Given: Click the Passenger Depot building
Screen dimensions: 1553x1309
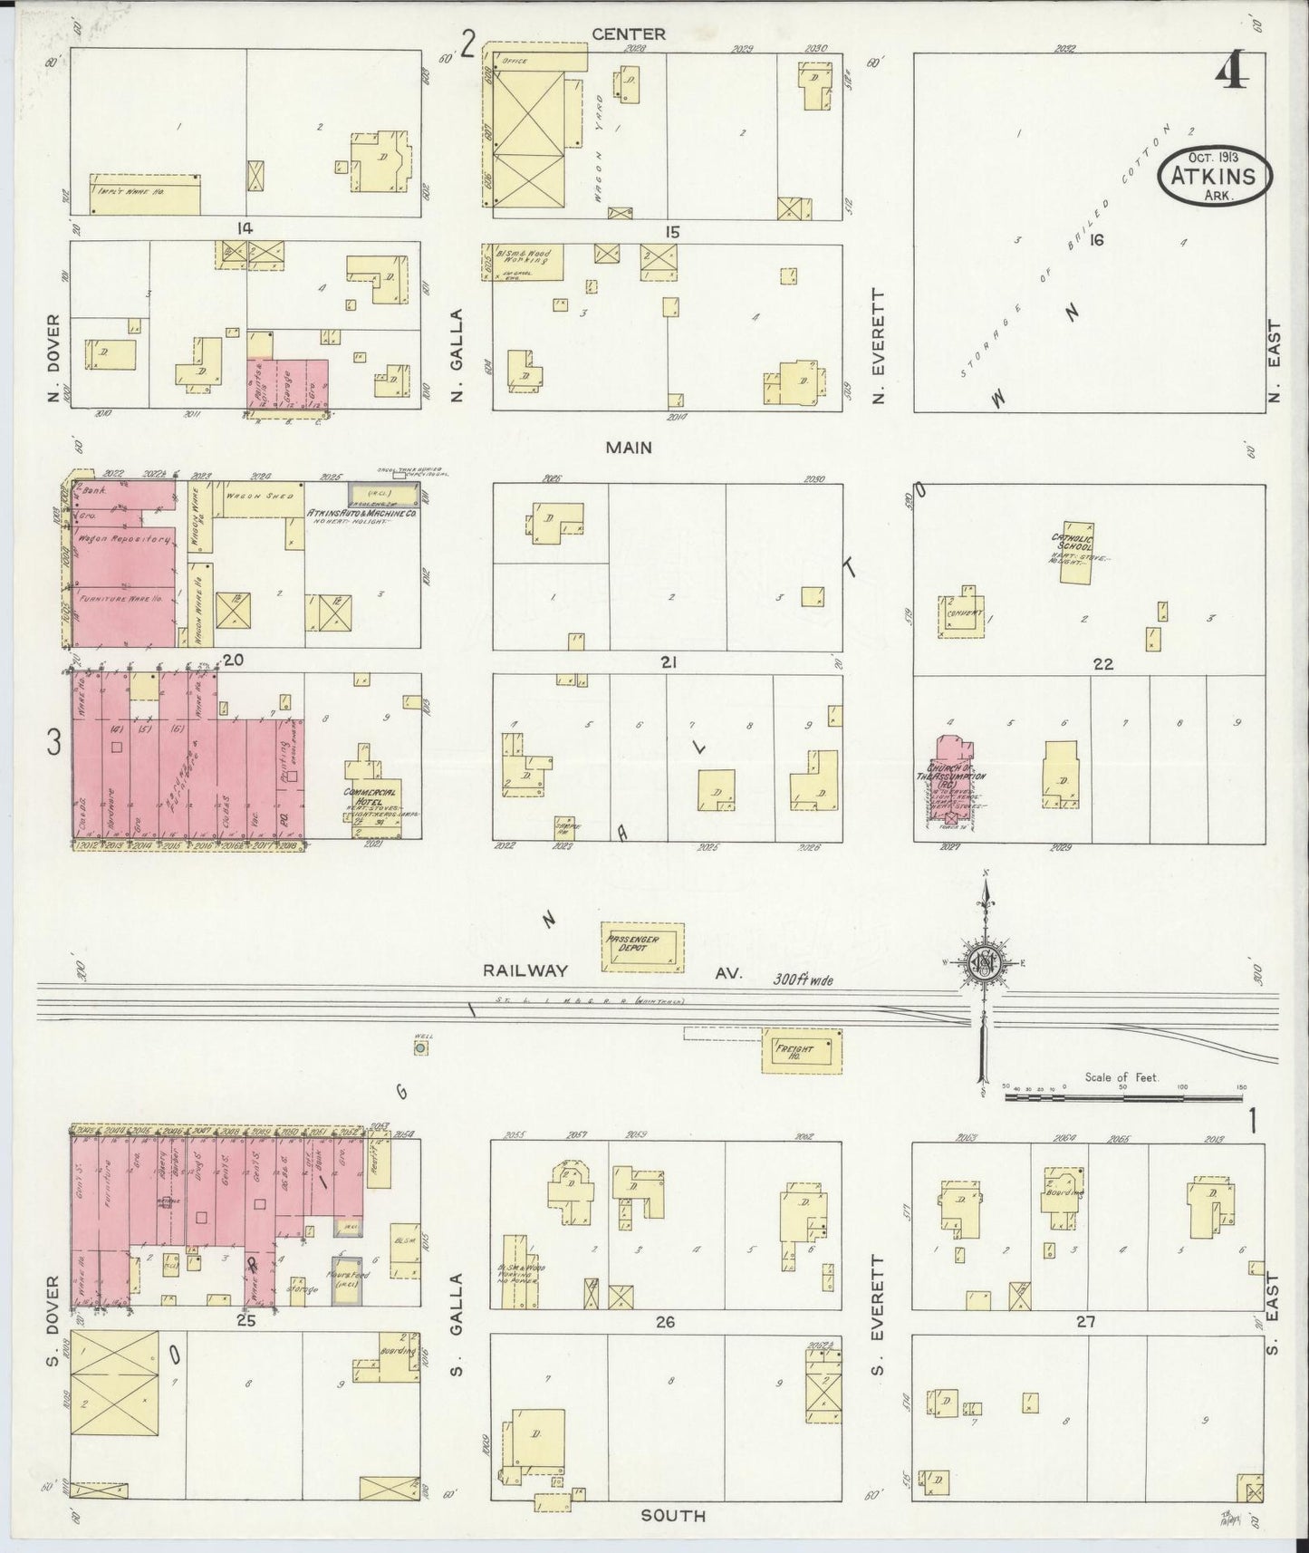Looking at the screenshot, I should coord(644,947).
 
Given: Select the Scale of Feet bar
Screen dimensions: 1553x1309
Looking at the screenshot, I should coord(1123,1096).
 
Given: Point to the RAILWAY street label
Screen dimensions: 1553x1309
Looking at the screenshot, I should coord(525,970).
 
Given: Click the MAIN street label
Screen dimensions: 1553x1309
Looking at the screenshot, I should coord(629,447).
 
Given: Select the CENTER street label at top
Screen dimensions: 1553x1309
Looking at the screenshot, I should coord(629,34).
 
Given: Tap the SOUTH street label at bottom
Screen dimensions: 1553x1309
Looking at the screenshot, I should coord(672,1515).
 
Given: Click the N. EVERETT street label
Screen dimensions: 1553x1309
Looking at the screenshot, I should coord(877,346).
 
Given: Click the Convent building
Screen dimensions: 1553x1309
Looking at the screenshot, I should coord(962,612).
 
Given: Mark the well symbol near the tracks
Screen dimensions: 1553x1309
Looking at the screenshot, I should coord(420,1048).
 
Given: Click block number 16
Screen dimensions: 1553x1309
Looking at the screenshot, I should coord(1097,240).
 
